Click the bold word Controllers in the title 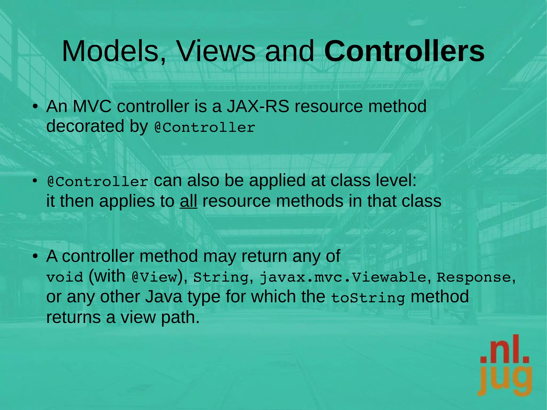click(404, 51)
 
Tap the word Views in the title click(216, 51)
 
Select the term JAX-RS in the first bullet click(258, 106)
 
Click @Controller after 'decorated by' click(205, 127)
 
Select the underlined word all click(189, 201)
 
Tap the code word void click(65, 277)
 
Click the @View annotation click(155, 277)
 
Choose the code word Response click(474, 277)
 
